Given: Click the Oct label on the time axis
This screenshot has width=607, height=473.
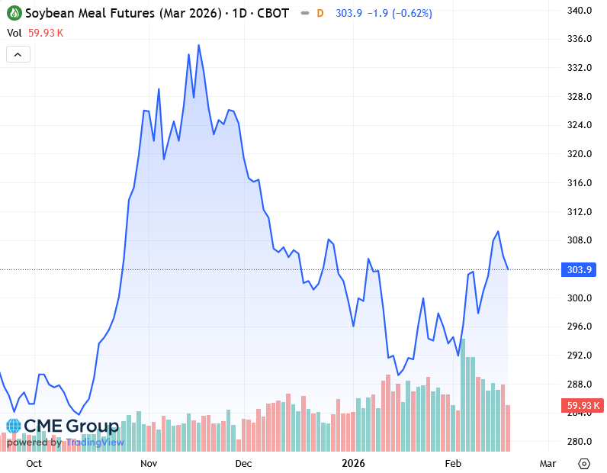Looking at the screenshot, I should [x=34, y=463].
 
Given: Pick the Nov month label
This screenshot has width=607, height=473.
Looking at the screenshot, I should [x=149, y=463].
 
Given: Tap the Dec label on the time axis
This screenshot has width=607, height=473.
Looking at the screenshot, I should [x=243, y=463].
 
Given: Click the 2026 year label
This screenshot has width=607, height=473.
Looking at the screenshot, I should [x=354, y=463].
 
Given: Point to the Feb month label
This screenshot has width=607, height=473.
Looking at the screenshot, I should [x=453, y=463].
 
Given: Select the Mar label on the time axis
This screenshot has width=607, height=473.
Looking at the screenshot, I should [x=547, y=463].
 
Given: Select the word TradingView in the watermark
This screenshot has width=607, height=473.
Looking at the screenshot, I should [x=95, y=442].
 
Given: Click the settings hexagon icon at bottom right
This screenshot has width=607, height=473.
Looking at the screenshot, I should [x=584, y=463].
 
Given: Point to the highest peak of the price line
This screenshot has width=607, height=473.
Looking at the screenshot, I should [x=199, y=45].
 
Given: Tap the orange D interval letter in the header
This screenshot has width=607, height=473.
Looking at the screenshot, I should [x=320, y=13].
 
